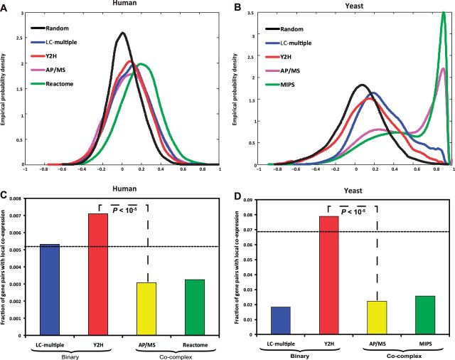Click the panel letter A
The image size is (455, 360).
pos(6,6)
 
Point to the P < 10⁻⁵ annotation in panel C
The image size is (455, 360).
pos(122,206)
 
